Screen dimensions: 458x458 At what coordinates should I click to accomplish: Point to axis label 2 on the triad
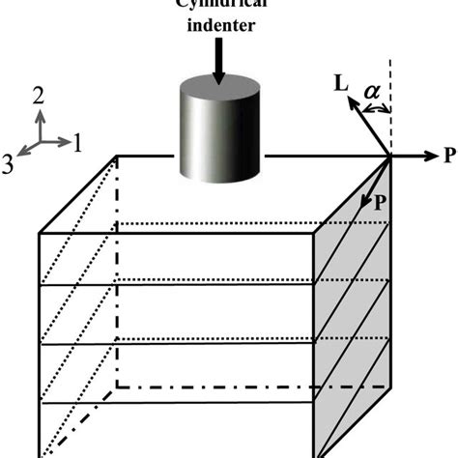tap(39, 94)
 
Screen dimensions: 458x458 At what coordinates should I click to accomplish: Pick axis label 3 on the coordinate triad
tap(10, 163)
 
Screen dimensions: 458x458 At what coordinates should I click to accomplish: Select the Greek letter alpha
tap(374, 90)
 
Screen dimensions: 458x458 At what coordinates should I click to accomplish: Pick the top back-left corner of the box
tap(118, 156)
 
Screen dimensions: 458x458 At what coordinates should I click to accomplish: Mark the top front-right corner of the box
tap(319, 233)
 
